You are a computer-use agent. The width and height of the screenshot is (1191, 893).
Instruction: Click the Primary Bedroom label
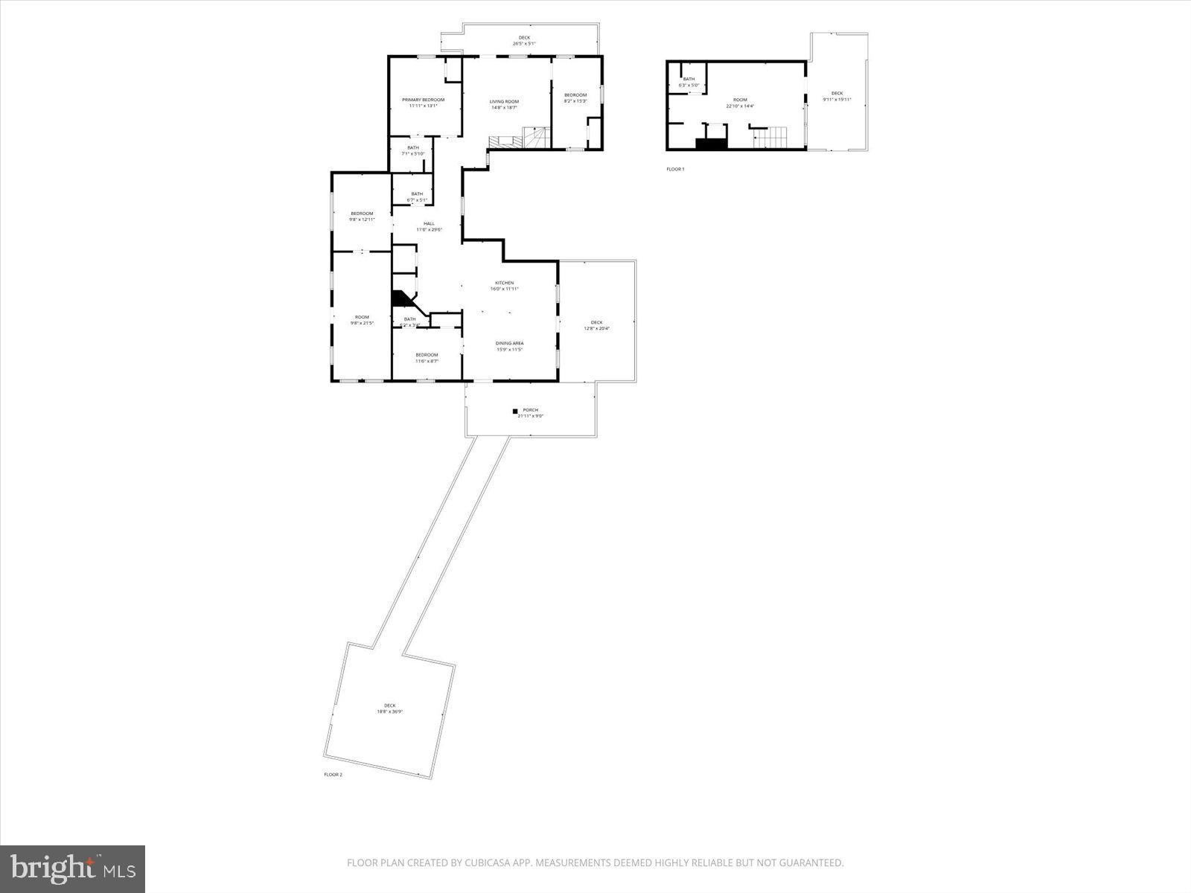tap(423, 100)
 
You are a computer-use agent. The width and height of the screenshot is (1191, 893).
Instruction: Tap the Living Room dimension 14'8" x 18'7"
tap(504, 108)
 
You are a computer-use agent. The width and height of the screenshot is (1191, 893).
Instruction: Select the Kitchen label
tap(505, 283)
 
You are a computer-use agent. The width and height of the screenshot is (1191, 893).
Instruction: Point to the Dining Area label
tap(509, 343)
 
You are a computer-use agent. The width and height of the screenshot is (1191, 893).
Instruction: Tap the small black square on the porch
tap(514, 411)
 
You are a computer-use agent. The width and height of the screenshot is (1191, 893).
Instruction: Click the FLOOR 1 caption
tap(674, 169)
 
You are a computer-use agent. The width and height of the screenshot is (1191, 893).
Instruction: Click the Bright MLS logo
tap(72, 868)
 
